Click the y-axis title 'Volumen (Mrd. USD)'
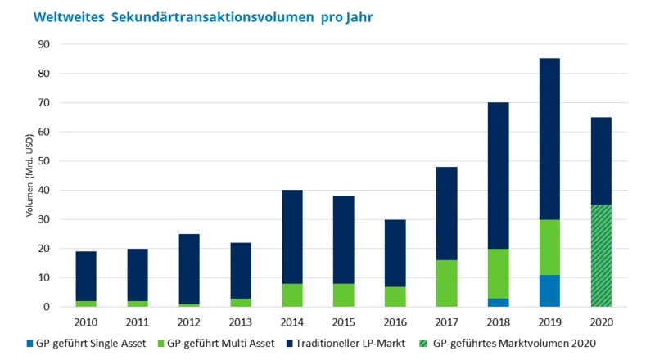tap(29, 176)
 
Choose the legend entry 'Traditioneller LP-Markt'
tap(346, 342)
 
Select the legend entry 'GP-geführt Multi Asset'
tap(219, 342)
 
